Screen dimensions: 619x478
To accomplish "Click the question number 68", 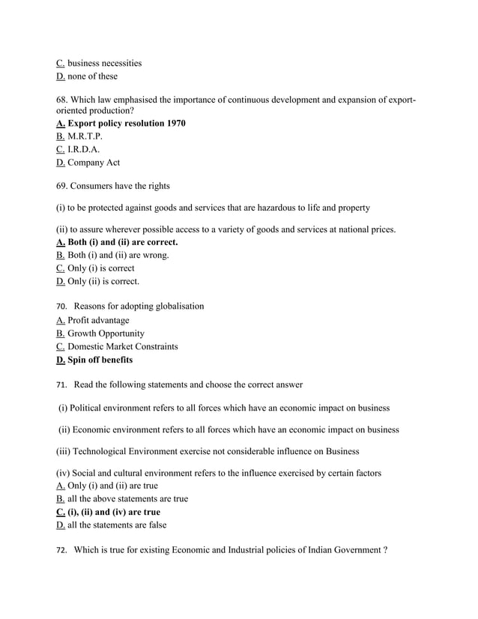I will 62,99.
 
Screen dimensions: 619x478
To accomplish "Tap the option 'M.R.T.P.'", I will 85,136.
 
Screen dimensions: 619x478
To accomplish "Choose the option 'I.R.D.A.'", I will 83,149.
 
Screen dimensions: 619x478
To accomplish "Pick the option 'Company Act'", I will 93,163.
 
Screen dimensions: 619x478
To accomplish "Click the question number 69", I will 62,186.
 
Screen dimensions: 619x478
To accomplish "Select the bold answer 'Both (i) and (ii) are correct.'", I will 123,242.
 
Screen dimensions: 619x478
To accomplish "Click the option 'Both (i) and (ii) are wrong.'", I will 118,255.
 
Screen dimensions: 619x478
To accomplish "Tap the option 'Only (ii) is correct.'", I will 103,282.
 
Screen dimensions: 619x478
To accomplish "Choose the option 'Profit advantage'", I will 98,320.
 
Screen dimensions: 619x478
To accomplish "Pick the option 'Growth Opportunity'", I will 106,333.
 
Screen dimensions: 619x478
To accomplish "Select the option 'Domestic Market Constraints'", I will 123,346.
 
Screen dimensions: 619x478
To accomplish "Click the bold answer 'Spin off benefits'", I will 100,360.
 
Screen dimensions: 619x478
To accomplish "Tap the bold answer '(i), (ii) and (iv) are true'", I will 114,512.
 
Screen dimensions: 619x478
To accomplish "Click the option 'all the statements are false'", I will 117,525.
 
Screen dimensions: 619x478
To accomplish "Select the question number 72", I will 61,551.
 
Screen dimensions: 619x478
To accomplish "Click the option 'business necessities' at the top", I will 104,63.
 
